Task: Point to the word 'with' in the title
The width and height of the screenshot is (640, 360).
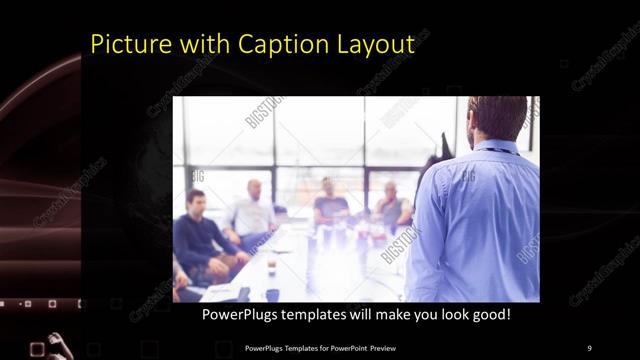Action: pos(203,45)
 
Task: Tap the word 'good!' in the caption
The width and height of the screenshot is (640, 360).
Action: pos(489,314)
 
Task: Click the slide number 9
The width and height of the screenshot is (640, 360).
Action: pos(589,347)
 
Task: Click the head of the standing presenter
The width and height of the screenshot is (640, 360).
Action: pos(496,116)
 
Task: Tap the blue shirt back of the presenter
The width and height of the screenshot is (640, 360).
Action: pos(480,220)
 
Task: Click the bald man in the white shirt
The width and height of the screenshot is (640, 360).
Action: pos(252,212)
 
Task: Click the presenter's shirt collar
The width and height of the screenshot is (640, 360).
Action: pos(499,146)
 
